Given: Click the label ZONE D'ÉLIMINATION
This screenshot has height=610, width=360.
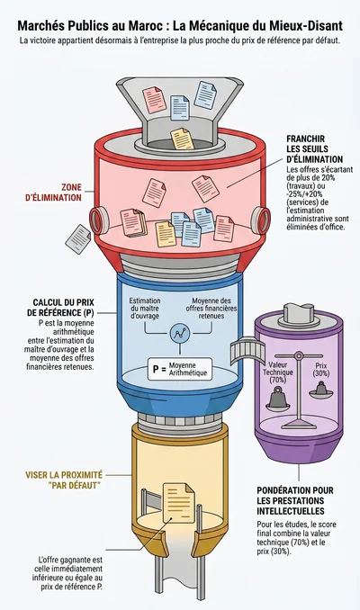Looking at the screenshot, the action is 54,193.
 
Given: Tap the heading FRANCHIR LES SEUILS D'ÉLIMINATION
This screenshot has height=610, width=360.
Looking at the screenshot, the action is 314,149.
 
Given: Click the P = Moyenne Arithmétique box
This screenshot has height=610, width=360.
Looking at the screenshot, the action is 180,369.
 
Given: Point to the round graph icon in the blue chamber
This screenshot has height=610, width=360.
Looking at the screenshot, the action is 179,334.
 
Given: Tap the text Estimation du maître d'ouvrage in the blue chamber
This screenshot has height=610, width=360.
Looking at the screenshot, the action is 145,308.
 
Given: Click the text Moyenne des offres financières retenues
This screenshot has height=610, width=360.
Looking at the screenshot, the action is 211,308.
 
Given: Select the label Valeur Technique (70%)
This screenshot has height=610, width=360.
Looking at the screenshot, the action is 278,372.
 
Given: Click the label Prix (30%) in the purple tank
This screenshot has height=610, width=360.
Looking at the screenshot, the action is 321,370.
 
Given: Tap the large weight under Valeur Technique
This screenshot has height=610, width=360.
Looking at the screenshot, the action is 278,397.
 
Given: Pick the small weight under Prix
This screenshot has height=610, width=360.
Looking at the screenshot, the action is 321,389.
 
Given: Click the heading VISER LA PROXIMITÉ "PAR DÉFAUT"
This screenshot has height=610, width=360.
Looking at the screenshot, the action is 64,480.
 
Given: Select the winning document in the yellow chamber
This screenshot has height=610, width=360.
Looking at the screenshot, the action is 178,502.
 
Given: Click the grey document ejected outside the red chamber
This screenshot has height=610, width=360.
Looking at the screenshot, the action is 77,239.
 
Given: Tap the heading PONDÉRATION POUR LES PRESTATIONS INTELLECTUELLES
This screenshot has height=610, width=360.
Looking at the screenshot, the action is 295,500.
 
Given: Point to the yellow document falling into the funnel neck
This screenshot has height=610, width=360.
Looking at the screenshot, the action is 183,139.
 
